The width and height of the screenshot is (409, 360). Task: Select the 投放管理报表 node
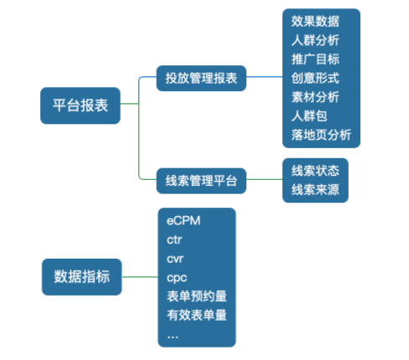coord(201,80)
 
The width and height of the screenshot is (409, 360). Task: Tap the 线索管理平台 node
coord(201,179)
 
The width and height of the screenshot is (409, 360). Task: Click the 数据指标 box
coord(81,275)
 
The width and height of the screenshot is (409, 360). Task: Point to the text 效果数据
coord(315,21)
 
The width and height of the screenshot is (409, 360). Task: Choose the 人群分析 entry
coord(315,40)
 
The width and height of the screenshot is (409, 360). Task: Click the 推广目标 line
coord(315,59)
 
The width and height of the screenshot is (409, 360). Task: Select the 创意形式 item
coord(315,78)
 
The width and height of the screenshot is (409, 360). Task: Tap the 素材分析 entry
coord(315,97)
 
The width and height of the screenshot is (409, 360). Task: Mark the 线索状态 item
coord(314,171)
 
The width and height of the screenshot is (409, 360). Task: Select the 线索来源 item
coord(314,189)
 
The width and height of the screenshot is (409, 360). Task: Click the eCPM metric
coord(184,221)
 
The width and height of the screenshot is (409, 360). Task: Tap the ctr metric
coord(174,239)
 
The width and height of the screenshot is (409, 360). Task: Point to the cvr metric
coord(175,259)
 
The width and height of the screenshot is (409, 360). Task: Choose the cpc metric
coord(176,277)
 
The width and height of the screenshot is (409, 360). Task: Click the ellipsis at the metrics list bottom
coord(173,334)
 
